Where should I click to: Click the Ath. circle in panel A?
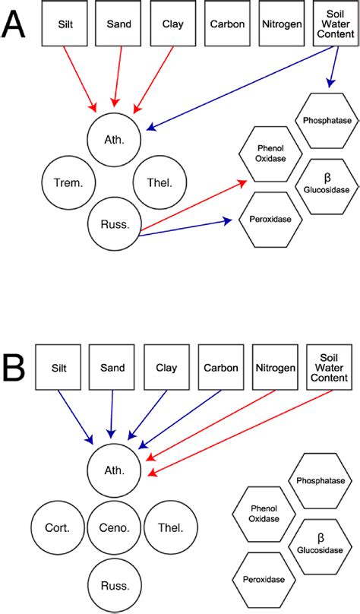115,140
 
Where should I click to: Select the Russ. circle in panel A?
115,224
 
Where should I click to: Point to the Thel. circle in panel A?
159,183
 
